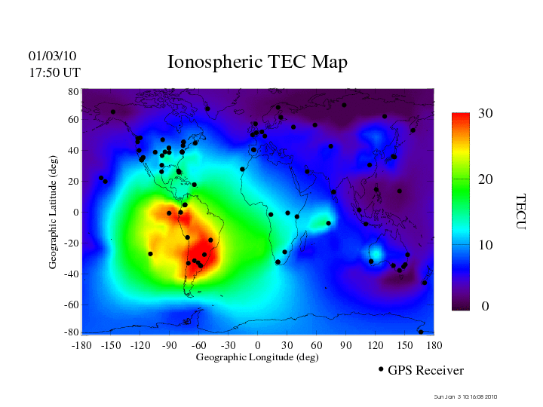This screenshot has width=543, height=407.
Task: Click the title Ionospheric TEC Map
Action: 257,63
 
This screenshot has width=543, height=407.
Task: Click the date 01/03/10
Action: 52,56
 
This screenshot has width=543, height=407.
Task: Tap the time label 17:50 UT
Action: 54,72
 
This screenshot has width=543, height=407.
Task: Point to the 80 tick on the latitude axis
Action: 74,91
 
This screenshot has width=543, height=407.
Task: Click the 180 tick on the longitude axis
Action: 434,345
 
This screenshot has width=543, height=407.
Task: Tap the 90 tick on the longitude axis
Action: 346,345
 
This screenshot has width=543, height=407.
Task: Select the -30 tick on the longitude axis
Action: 228,345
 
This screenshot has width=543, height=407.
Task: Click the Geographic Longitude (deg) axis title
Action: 257,357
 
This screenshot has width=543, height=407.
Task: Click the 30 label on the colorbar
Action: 485,114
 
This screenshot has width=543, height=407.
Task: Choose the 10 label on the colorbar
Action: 485,246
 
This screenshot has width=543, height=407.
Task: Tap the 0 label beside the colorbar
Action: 485,307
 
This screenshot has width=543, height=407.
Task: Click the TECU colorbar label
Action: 520,212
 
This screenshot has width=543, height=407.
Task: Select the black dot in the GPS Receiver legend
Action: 381,369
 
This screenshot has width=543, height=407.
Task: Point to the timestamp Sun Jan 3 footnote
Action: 466,397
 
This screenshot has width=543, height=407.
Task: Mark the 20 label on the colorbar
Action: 485,180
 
